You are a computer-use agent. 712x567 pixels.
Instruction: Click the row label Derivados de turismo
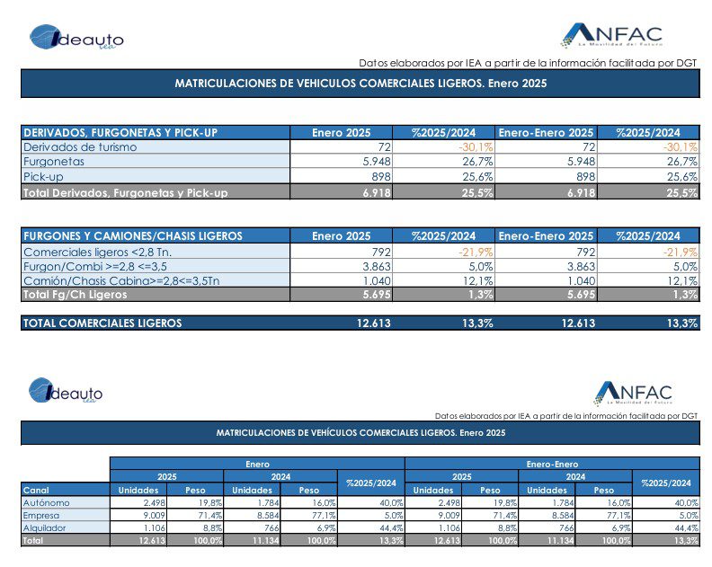[80, 147]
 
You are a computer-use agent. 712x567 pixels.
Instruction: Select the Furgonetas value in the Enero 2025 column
[377, 162]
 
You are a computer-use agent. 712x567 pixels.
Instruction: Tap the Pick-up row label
[43, 177]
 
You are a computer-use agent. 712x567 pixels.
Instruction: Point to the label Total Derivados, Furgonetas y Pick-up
[125, 193]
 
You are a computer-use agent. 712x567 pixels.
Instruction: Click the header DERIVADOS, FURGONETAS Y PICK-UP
[120, 133]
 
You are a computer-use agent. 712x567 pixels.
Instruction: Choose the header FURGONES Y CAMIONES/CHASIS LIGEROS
[133, 236]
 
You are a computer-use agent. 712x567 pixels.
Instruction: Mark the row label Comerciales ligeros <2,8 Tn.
[98, 252]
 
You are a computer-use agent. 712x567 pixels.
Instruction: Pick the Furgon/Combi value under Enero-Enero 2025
[582, 267]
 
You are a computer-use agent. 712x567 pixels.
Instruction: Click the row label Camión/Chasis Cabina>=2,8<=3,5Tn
[121, 281]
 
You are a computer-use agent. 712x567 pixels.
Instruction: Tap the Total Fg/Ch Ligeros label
[76, 295]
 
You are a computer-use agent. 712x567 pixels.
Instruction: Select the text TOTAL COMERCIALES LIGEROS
[102, 323]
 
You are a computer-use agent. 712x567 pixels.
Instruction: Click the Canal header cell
[36, 491]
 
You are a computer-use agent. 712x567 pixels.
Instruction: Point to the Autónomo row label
[47, 503]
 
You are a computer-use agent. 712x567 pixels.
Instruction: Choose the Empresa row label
[41, 516]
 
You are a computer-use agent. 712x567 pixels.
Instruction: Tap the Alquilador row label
[45, 528]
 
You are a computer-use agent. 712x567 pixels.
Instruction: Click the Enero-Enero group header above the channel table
[552, 464]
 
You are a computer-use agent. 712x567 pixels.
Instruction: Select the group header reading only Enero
[257, 464]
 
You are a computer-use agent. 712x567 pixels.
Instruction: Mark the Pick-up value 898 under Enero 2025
[381, 177]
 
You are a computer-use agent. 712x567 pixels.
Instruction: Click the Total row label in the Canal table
[33, 541]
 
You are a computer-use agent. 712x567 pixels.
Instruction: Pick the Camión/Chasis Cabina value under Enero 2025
[377, 281]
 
